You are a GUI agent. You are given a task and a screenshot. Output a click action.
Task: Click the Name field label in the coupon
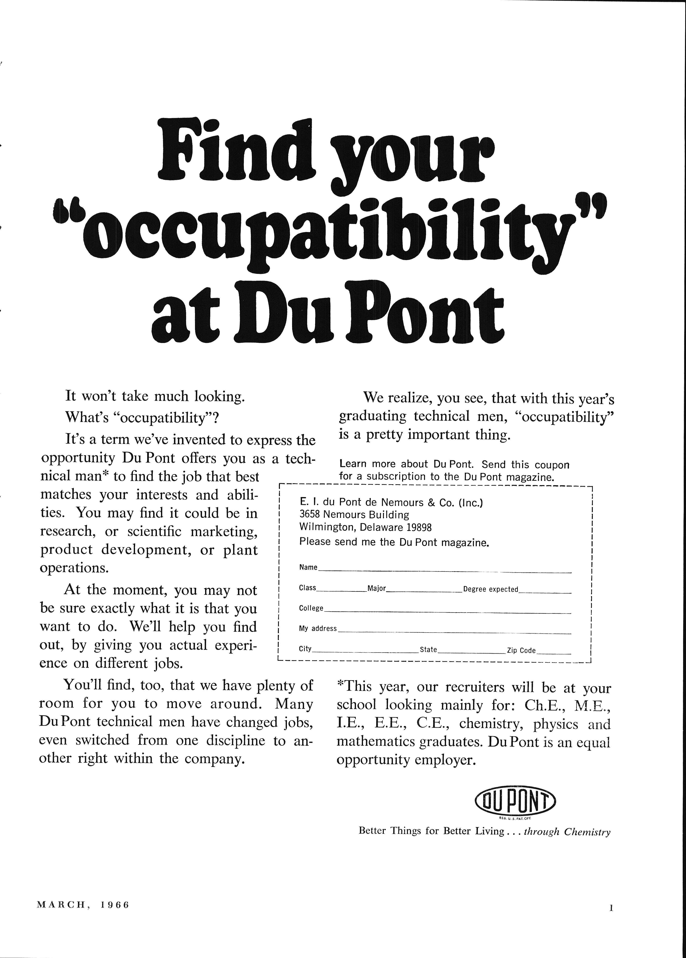pyautogui.click(x=308, y=567)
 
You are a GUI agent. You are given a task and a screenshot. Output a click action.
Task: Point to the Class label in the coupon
pyautogui.click(x=307, y=588)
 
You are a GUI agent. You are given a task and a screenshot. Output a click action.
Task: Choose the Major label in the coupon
pyautogui.click(x=377, y=588)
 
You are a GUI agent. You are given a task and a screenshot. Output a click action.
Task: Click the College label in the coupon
pyautogui.click(x=311, y=608)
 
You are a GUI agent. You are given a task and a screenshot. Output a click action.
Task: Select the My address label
pyautogui.click(x=318, y=629)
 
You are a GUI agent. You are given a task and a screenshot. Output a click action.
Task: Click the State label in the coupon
pyautogui.click(x=428, y=650)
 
